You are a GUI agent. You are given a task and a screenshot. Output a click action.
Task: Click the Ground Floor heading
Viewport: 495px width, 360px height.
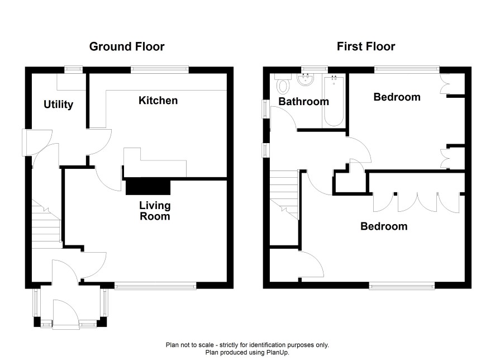(x=127, y=47)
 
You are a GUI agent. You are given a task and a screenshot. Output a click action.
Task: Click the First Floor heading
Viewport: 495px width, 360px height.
(x=366, y=47)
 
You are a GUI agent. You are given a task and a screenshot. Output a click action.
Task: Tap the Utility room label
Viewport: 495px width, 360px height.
(x=59, y=105)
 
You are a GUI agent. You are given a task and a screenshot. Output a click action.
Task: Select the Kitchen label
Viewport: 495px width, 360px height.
(x=158, y=101)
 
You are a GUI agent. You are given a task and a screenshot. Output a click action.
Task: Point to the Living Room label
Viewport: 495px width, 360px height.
(x=155, y=211)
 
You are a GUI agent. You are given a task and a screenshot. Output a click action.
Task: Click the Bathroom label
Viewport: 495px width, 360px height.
(x=304, y=102)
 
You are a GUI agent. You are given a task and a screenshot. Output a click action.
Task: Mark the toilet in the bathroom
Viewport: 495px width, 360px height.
(x=283, y=83)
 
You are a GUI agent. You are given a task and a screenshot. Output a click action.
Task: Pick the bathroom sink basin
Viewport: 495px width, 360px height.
(x=305, y=79)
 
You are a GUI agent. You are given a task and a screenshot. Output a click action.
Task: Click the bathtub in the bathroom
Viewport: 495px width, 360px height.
(x=334, y=101)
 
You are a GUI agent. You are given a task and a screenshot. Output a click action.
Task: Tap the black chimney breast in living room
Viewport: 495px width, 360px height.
(x=148, y=187)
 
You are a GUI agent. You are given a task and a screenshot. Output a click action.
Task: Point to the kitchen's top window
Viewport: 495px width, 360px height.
(x=160, y=69)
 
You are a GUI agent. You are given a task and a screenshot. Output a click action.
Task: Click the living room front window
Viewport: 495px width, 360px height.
(x=155, y=286)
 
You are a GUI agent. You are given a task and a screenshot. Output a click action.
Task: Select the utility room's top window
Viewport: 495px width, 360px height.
(x=74, y=69)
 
